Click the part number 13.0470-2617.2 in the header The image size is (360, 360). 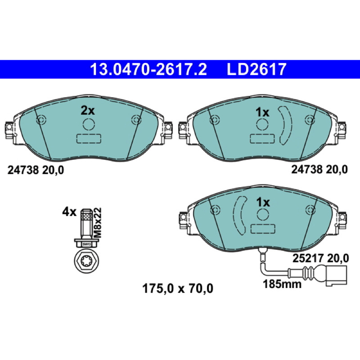click(148, 69)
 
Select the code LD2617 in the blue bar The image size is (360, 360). click(256, 69)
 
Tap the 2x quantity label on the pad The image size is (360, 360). click(88, 111)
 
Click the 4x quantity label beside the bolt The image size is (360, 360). click(69, 212)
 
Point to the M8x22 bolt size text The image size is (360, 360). click(98, 223)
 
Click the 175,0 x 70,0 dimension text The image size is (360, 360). click(178, 288)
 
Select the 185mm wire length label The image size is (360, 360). click(282, 284)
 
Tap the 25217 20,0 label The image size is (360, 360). click(320, 258)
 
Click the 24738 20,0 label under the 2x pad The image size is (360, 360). click(36, 171)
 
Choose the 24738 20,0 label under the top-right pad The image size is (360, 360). click(319, 170)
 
